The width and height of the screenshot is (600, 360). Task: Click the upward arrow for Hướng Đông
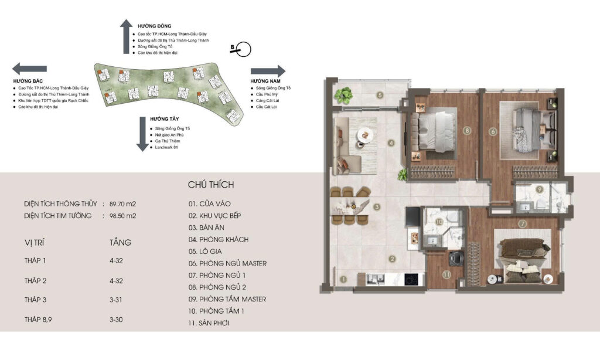125,37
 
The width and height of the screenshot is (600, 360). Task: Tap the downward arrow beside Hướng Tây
141,133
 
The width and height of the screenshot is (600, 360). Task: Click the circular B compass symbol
243,50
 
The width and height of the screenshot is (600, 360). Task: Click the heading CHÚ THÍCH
211,185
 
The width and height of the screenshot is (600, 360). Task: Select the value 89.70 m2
122,204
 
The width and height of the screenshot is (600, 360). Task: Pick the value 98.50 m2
122,216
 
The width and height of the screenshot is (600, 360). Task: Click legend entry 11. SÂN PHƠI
212,323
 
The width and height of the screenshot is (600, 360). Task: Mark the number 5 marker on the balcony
380,95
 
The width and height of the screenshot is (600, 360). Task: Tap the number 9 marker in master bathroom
539,189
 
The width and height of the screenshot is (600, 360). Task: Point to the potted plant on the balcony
343,94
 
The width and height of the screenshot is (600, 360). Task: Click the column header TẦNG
121,242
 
